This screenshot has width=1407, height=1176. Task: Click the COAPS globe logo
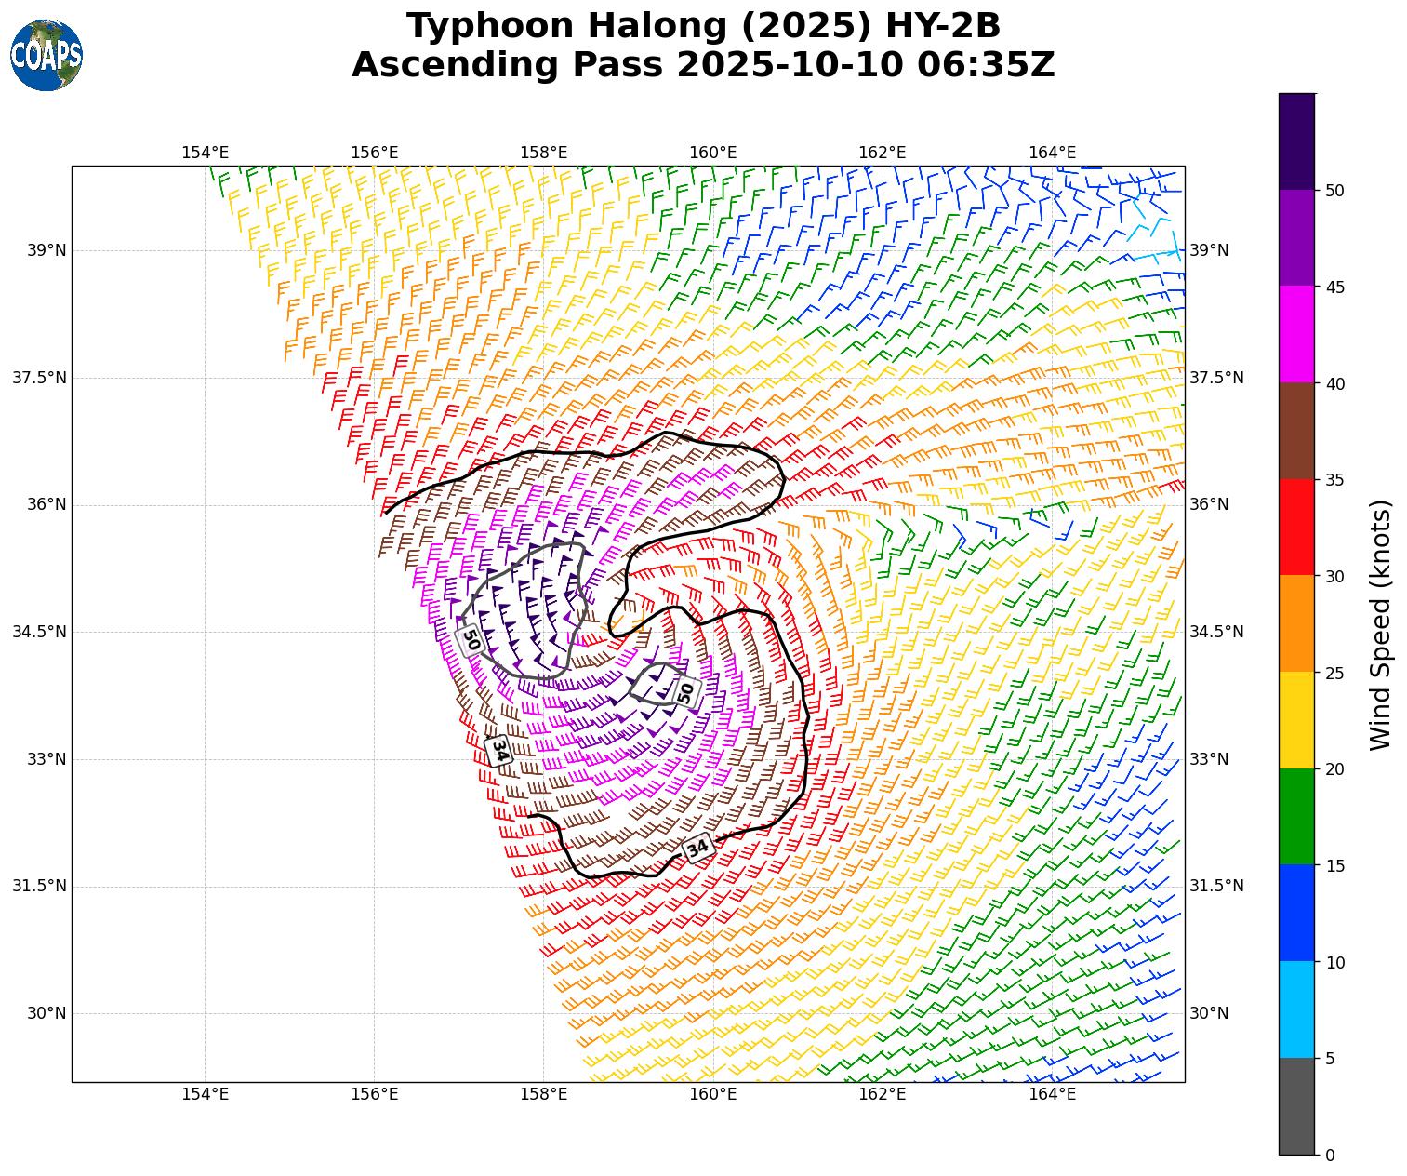[46, 56]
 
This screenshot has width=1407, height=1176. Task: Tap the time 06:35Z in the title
[986, 65]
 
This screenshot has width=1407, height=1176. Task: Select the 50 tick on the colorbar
[1334, 191]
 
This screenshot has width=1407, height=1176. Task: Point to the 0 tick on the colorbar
[1330, 1155]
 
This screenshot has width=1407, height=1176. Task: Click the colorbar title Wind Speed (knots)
[1382, 624]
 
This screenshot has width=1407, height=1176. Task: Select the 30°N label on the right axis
[1209, 1013]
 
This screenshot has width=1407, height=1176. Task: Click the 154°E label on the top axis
[205, 153]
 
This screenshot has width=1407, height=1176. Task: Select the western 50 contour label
[471, 640]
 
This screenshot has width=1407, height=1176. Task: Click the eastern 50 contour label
[686, 692]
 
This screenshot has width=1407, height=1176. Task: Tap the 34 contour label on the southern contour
[698, 847]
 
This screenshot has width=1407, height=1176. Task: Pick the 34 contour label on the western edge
[499, 750]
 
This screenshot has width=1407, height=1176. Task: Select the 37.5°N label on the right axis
[1216, 378]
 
